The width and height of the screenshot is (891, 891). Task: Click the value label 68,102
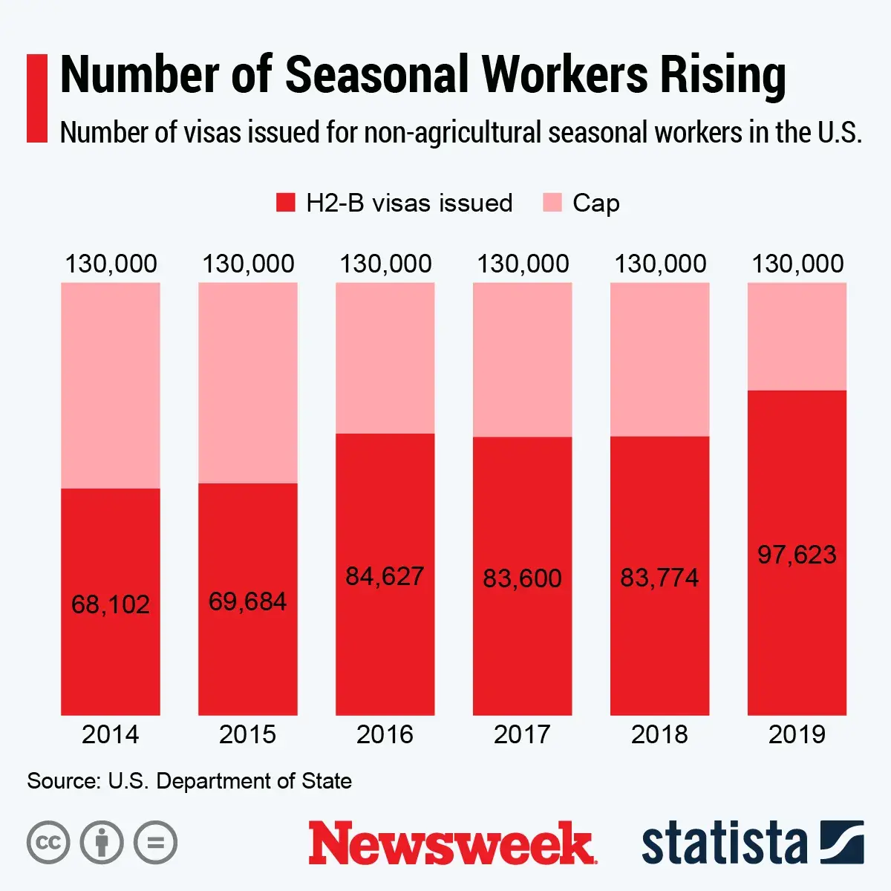pyautogui.click(x=111, y=604)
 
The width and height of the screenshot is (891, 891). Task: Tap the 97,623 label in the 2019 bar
pyautogui.click(x=797, y=555)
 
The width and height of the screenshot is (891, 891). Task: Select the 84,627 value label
pyautogui.click(x=385, y=576)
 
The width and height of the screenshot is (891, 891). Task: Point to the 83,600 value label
pyautogui.click(x=522, y=578)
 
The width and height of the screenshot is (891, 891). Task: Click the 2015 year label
pyautogui.click(x=247, y=734)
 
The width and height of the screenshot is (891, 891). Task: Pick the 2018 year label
pyautogui.click(x=659, y=734)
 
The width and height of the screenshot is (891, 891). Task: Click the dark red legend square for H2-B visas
pyautogui.click(x=285, y=203)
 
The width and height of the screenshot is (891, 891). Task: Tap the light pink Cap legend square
pyautogui.click(x=552, y=203)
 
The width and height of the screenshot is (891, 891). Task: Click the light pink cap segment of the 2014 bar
pyautogui.click(x=111, y=385)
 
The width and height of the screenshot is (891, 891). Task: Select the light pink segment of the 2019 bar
pyautogui.click(x=797, y=336)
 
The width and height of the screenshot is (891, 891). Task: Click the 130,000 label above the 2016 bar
pyautogui.click(x=385, y=264)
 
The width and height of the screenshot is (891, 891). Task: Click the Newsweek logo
pyautogui.click(x=452, y=843)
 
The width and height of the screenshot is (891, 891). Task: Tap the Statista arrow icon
pyautogui.click(x=842, y=842)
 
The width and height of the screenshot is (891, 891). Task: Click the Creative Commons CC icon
pyautogui.click(x=48, y=843)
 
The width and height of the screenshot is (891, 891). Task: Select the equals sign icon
pyautogui.click(x=155, y=843)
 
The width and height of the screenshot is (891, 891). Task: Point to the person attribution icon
pyautogui.click(x=102, y=843)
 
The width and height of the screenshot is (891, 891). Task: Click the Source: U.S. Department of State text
pyautogui.click(x=189, y=781)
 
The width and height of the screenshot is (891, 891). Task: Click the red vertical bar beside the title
pyautogui.click(x=36, y=97)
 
